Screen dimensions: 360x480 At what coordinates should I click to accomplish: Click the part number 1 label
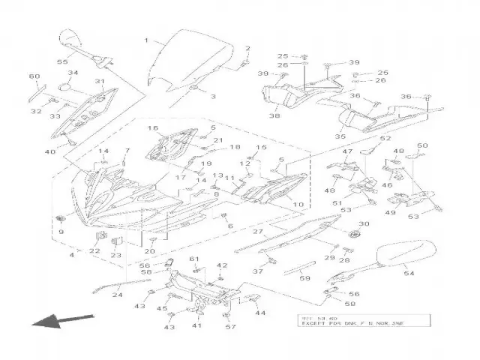(x=147, y=40)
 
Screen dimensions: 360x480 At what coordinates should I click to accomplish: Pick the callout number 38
(x=274, y=116)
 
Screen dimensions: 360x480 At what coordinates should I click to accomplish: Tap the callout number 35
(x=340, y=137)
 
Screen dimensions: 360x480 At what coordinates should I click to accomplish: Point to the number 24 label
(x=117, y=295)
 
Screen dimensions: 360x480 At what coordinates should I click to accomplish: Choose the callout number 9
(x=61, y=232)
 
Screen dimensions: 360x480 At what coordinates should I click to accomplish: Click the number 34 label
(x=73, y=73)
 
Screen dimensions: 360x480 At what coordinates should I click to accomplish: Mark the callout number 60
(x=34, y=77)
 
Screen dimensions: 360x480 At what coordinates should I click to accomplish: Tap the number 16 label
(x=152, y=128)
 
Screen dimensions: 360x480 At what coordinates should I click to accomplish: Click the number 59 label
(x=305, y=278)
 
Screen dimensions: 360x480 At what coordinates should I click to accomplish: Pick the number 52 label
(x=385, y=139)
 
